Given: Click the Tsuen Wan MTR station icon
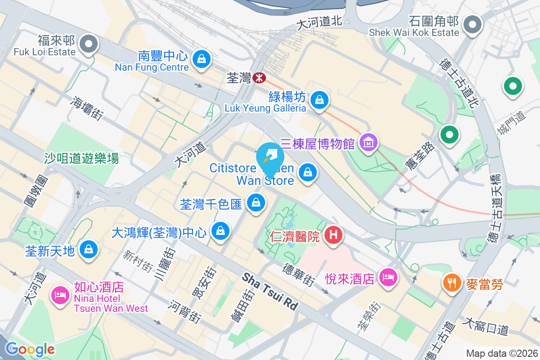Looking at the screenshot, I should (259, 78).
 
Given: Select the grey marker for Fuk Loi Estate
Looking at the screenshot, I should (89, 44).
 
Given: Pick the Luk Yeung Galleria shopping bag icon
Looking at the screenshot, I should (319, 99).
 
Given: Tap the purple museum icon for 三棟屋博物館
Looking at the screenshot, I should (369, 144).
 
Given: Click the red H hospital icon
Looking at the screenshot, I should (333, 235).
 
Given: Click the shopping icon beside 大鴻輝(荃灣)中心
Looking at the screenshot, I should (220, 231).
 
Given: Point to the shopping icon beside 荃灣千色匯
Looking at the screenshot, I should (256, 203).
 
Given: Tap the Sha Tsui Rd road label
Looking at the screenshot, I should (270, 291).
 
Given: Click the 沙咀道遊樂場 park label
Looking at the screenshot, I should (81, 158).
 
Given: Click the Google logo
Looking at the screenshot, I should (30, 349).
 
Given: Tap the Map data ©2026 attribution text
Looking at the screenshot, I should (501, 353).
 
